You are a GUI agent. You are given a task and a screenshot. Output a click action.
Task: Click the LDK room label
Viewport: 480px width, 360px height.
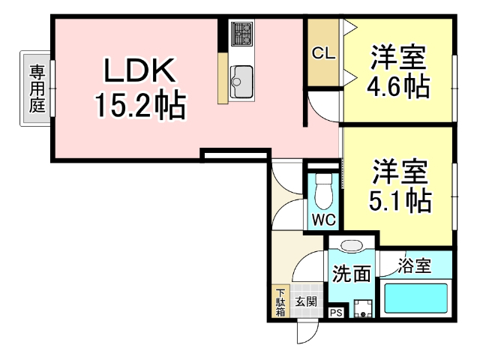pos(139,73)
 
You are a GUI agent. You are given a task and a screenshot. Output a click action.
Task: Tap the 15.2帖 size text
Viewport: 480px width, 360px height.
pos(139,106)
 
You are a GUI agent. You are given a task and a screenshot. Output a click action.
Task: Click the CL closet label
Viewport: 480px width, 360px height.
pos(323,53)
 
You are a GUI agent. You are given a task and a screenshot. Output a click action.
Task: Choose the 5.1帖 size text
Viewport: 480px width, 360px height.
pos(397,199)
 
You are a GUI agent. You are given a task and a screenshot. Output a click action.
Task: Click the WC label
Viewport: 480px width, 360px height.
pos(323,220)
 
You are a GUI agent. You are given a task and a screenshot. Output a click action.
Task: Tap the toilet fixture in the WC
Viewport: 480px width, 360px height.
pos(324,192)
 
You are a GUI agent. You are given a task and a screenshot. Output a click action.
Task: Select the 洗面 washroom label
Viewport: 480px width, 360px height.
pos(351,273)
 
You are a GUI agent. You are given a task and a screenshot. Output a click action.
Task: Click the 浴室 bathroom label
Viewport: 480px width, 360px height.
pos(414,265)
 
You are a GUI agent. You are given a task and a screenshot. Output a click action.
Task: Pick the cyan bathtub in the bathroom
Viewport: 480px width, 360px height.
pos(415,297)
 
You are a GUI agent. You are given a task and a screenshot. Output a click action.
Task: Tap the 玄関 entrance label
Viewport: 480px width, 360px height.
pos(305,302)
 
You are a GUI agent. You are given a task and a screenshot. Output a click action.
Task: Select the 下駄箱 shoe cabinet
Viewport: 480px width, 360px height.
pos(280,302)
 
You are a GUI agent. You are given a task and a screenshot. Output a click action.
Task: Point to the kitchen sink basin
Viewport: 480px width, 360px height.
pos(242,76)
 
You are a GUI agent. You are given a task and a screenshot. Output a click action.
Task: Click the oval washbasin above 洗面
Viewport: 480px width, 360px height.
pos(350,246)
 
